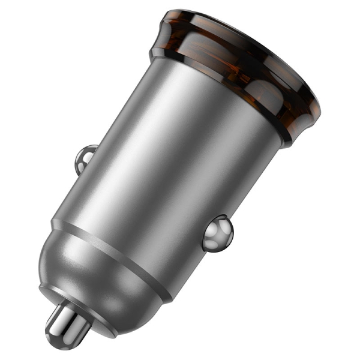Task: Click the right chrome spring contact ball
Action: [217, 233]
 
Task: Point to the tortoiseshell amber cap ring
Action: [240, 66]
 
